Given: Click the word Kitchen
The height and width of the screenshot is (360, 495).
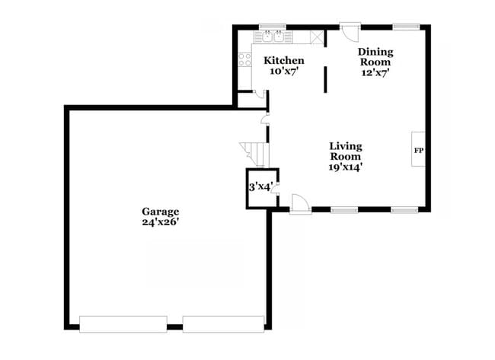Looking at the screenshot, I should [283, 60].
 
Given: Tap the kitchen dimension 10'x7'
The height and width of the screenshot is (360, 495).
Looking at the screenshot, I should [283, 71].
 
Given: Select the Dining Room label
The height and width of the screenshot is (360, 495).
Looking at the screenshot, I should [375, 57].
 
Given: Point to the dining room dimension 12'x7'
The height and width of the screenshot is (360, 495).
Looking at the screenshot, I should [375, 74].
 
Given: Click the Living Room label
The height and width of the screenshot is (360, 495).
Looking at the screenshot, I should [345, 151].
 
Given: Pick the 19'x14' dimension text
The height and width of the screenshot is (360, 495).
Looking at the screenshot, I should [345, 167].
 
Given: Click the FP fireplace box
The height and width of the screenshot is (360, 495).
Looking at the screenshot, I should [418, 150].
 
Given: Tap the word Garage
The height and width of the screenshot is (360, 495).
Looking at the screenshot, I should [160, 211].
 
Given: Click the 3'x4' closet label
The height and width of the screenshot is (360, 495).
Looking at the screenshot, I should [259, 186].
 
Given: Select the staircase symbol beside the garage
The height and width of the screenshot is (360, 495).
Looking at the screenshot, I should [253, 153].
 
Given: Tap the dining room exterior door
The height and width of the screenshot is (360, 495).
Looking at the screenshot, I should [350, 33].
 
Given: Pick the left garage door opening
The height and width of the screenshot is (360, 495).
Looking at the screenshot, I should [123, 323].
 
